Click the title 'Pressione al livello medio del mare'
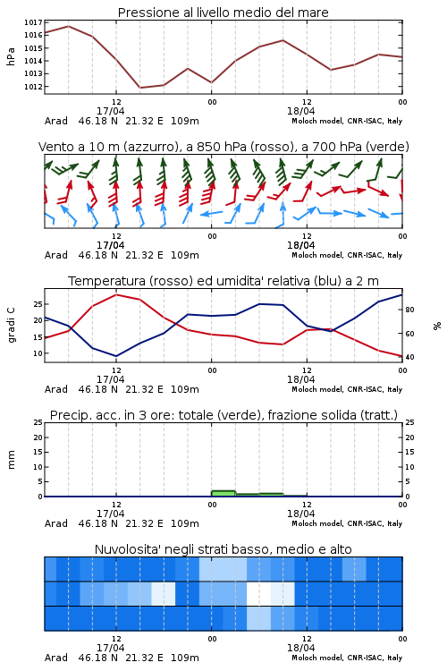pyautogui.click(x=223, y=13)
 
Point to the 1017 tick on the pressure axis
pyautogui.click(x=33, y=22)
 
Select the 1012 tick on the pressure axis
pyautogui.click(x=33, y=87)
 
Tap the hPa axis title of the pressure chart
pyautogui.click(x=11, y=56)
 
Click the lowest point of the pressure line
pyautogui.click(x=139, y=88)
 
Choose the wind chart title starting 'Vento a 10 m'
pyautogui.click(x=223, y=147)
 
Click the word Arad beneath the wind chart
pyautogui.click(x=56, y=255)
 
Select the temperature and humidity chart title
pyautogui.click(x=223, y=281)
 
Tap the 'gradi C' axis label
pyautogui.click(x=11, y=326)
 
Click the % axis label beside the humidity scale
pyautogui.click(x=437, y=326)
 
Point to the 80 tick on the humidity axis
pyautogui.click(x=409, y=310)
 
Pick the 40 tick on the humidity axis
pyautogui.click(x=409, y=357)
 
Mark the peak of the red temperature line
pyautogui.click(x=116, y=295)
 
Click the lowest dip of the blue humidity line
pyautogui.click(x=116, y=356)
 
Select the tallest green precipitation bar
pyautogui.click(x=223, y=493)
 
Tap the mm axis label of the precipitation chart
pyautogui.click(x=11, y=460)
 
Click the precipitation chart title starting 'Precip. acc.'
pyautogui.click(x=223, y=415)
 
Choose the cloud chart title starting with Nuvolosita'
pyautogui.click(x=223, y=549)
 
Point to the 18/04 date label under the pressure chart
pyautogui.click(x=300, y=111)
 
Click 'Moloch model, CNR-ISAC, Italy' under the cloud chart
pyautogui.click(x=347, y=658)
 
